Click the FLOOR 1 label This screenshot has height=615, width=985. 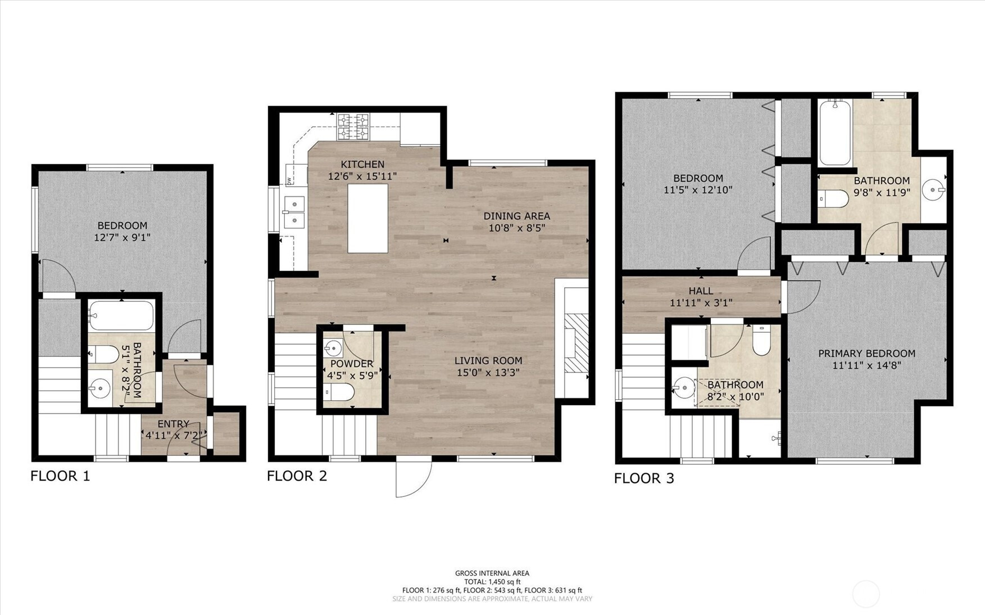coord(60,476)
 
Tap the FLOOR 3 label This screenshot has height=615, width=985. coord(644,478)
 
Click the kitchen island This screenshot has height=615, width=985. coord(367,218)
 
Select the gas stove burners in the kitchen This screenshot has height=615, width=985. coord(353,127)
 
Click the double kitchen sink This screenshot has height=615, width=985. coord(294,212)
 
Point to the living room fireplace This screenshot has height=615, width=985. coord(576,343)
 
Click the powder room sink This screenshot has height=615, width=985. coord(333,348)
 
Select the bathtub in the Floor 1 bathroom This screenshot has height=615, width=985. coord(121,316)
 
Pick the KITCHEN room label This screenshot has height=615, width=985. coord(362,164)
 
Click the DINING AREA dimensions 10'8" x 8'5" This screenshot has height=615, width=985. coord(517,228)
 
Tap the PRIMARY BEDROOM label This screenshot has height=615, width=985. coord(867,354)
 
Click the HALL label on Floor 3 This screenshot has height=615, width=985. coord(701,291)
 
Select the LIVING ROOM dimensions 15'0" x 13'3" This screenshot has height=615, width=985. coord(488,373)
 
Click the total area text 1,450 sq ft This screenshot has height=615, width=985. coord(505,582)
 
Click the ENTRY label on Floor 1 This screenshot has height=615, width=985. coord(174,424)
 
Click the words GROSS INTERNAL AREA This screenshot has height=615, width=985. coord(492,573)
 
